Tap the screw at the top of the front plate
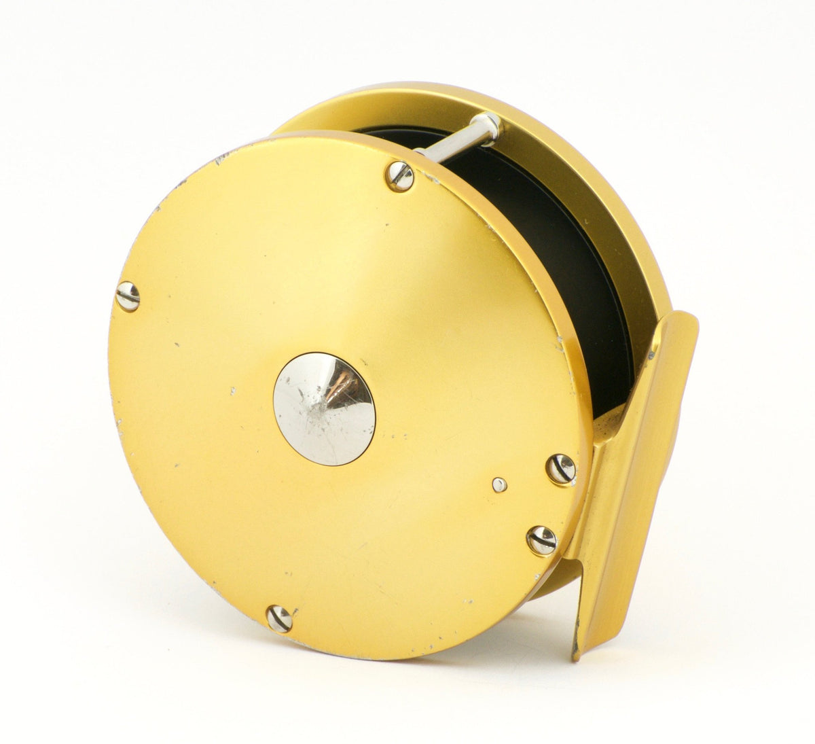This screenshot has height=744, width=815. click(x=399, y=177)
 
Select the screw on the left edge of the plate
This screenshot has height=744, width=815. click(x=128, y=296)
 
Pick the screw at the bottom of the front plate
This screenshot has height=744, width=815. click(x=279, y=618)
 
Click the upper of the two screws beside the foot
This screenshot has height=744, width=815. click(x=561, y=470)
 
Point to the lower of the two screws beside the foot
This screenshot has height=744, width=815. click(x=542, y=540)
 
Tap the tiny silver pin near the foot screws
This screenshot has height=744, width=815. click(x=499, y=484)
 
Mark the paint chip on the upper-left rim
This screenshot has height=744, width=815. click(x=221, y=159)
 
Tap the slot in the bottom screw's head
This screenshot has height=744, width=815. click(x=279, y=618)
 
